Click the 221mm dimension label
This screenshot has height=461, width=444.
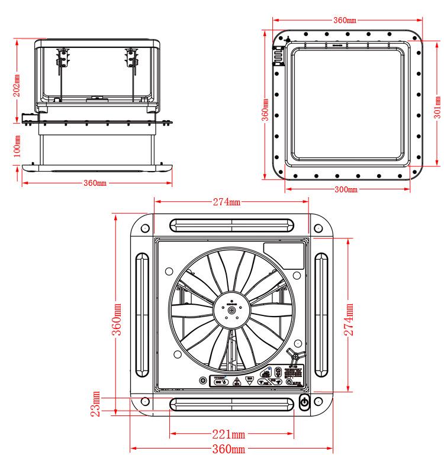229,435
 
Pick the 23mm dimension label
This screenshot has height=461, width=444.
96,404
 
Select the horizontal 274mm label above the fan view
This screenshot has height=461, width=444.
227,202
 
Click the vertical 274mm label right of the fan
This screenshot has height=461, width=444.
349,320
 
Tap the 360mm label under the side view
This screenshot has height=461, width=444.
94,183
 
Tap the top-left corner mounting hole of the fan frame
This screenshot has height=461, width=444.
144,228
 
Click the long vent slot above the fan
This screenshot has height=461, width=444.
231,225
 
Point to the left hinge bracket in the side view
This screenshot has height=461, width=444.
62,59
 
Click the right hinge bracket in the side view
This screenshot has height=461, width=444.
131,59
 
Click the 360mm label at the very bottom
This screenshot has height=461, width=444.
229,449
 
